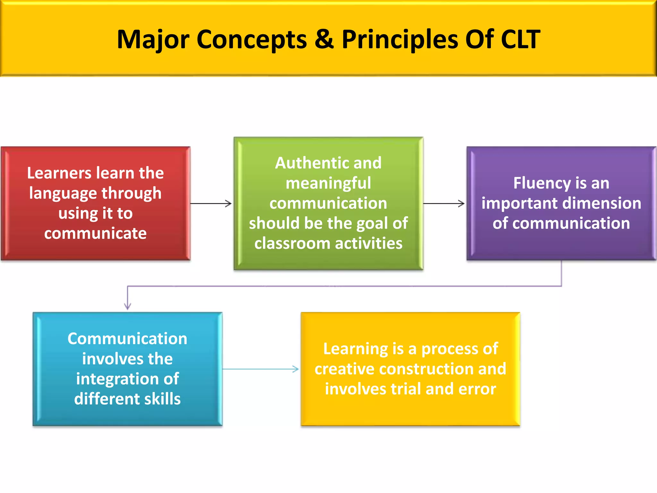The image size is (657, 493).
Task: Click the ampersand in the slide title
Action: click(x=324, y=39)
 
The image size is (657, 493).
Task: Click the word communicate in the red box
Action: click(x=95, y=233)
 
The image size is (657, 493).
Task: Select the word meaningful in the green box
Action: click(x=328, y=184)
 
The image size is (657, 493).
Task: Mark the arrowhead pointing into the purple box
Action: click(x=462, y=203)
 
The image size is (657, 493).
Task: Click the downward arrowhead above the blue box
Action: click(x=128, y=307)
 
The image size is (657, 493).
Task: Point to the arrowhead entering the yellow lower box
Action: click(x=296, y=369)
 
